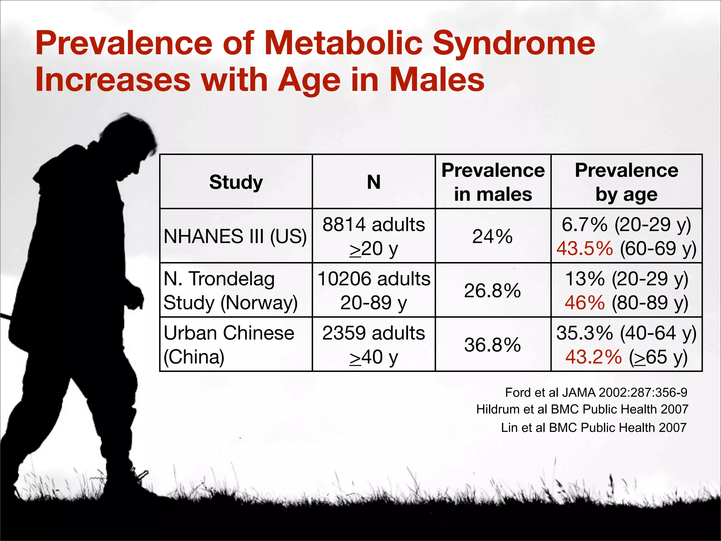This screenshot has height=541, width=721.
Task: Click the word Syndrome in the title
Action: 513,44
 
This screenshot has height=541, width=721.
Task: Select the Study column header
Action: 236,182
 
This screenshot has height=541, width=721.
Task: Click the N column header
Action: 374,182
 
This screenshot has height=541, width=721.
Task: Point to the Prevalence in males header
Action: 493,182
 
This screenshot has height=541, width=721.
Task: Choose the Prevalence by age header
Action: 626,182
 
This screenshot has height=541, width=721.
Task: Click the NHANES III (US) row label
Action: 235,236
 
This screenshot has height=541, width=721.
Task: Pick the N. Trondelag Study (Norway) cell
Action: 231,291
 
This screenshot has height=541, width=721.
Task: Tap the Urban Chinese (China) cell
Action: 229,344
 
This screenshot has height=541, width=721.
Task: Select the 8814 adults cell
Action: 374,236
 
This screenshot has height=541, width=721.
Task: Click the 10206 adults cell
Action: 374,291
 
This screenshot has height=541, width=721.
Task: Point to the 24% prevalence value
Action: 492,236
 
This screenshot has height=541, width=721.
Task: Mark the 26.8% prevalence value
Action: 492,291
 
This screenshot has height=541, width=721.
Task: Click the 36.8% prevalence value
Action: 492,345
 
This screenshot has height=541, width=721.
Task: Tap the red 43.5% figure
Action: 584,249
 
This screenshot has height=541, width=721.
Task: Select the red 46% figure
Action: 584,303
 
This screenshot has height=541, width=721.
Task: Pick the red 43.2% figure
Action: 593,357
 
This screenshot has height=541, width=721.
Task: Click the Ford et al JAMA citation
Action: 596,392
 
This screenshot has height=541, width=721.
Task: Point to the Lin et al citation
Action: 594,428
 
